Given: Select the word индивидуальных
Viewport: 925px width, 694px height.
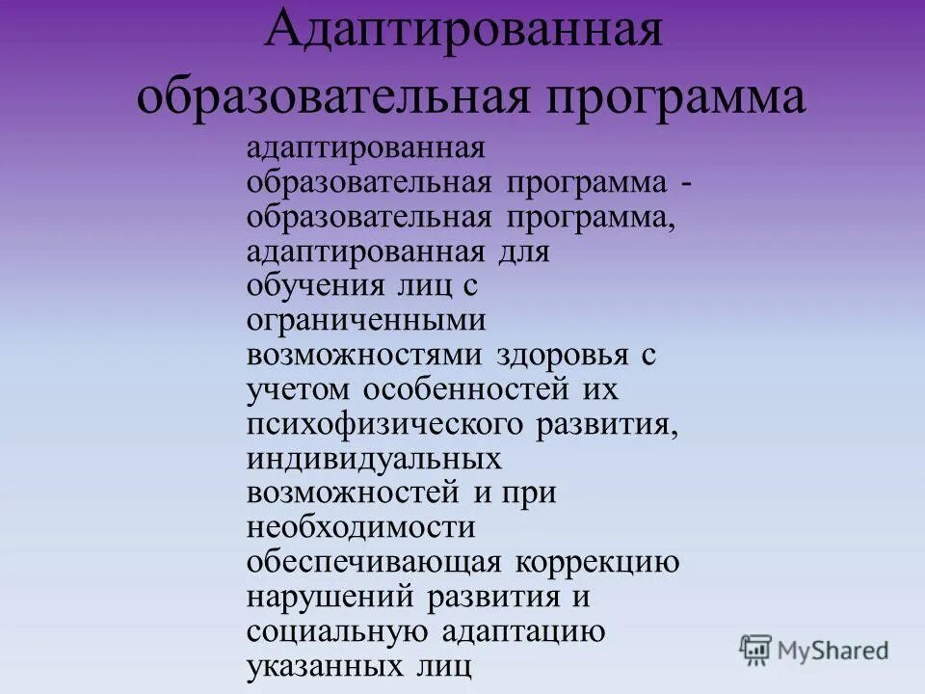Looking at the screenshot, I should pyautogui.click(x=373, y=459).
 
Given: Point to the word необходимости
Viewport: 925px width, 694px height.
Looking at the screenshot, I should pyautogui.click(x=361, y=527).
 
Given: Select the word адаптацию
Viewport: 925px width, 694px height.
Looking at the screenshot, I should pyautogui.click(x=523, y=630).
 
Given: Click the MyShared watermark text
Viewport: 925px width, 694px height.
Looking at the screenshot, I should pyautogui.click(x=832, y=650).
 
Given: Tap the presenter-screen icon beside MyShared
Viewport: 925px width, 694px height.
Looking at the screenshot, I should pyautogui.click(x=756, y=650).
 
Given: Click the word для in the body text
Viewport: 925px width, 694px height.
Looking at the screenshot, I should pyautogui.click(x=524, y=254).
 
